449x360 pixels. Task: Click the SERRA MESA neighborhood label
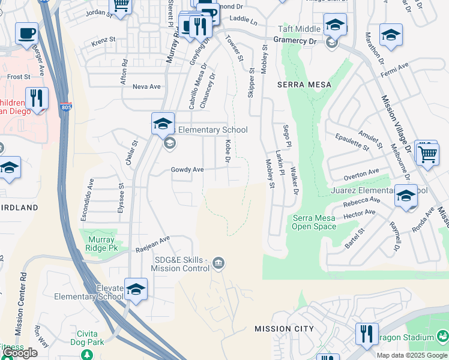click(x=304, y=85)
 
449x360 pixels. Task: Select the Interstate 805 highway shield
click(x=65, y=107)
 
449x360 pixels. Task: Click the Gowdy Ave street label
click(x=187, y=170)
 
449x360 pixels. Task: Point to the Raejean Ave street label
click(x=152, y=239)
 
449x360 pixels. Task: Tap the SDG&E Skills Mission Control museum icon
click(x=219, y=263)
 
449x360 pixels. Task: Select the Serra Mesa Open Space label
click(x=314, y=222)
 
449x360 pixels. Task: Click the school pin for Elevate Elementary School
click(x=136, y=289)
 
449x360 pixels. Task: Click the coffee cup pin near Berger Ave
click(x=26, y=33)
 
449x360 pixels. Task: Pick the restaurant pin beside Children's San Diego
click(x=37, y=98)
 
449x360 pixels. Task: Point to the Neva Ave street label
click(x=146, y=86)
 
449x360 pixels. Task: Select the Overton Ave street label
click(x=361, y=175)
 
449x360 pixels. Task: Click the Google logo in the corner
click(x=19, y=353)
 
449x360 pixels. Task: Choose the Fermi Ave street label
click(x=396, y=69)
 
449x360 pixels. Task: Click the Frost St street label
click(x=19, y=77)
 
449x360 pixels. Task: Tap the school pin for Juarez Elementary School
click(x=406, y=196)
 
